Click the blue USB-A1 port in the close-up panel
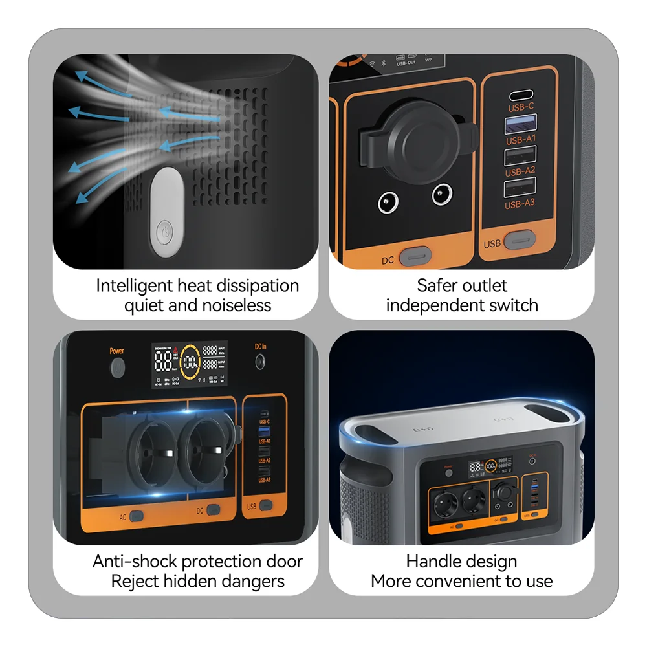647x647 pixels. tap(520, 123)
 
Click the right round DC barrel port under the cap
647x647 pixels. tap(443, 193)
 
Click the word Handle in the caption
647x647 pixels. tap(432, 562)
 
